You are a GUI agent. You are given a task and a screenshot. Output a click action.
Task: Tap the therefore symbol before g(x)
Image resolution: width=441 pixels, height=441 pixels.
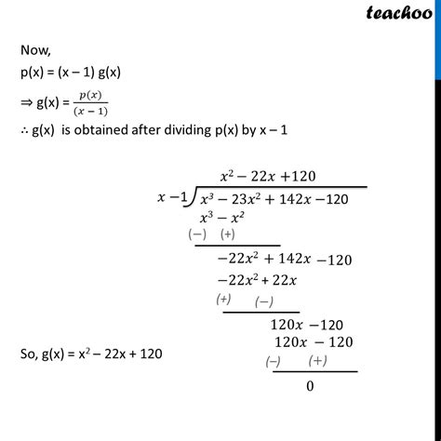click(x=22, y=131)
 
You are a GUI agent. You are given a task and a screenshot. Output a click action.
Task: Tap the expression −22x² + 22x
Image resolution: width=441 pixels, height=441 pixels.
click(x=255, y=281)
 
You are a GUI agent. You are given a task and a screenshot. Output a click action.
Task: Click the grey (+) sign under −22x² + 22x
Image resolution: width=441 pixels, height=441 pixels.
click(x=223, y=300)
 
